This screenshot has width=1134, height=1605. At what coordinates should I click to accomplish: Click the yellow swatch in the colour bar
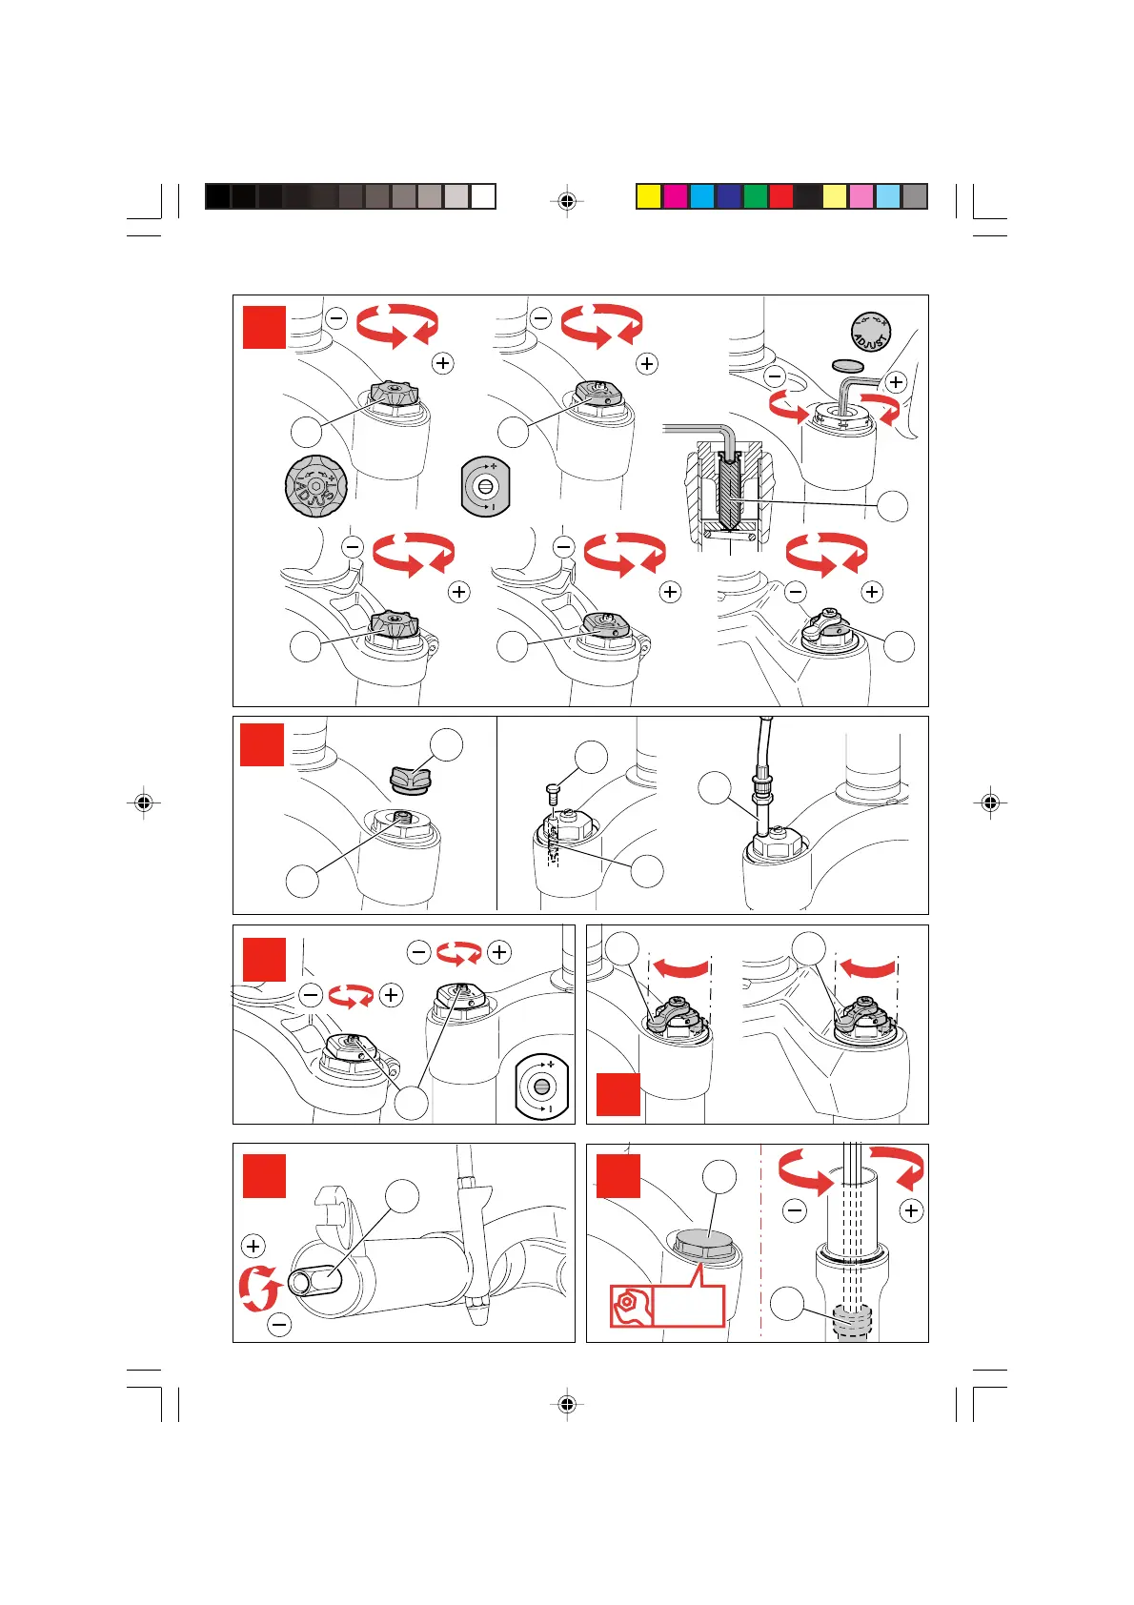pyautogui.click(x=649, y=196)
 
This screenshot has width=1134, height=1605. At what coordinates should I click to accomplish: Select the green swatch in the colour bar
pyautogui.click(x=755, y=196)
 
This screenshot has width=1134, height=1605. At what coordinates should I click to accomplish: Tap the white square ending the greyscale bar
pyautogui.click(x=483, y=196)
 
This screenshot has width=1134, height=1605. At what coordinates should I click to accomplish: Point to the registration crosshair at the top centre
pyautogui.click(x=567, y=201)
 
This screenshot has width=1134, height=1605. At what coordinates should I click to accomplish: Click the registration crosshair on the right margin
pyautogui.click(x=990, y=803)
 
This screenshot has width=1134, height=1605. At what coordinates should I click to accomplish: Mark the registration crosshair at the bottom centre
pyautogui.click(x=567, y=1404)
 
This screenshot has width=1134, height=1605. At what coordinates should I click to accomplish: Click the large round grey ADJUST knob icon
pyautogui.click(x=316, y=485)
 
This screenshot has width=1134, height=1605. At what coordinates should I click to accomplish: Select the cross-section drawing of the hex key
pyautogui.click(x=727, y=491)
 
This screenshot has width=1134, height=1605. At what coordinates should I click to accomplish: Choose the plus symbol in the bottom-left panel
pyautogui.click(x=253, y=1246)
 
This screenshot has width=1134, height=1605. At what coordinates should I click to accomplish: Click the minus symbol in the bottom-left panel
pyautogui.click(x=279, y=1324)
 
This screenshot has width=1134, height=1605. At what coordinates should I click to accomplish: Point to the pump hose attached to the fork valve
pyautogui.click(x=762, y=772)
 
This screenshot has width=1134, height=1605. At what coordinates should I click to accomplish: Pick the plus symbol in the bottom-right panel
pyautogui.click(x=912, y=1210)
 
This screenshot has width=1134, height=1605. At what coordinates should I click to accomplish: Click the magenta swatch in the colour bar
pyautogui.click(x=676, y=196)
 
